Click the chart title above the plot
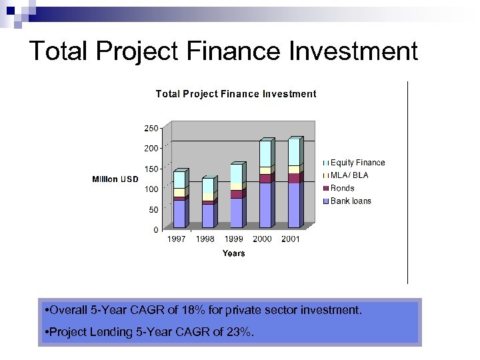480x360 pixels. pos(236,94)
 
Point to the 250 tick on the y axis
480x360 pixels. pos(151,128)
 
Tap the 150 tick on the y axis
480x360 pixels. pos(151,169)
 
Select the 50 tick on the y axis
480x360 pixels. pos(153,210)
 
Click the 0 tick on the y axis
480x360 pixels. pos(156,230)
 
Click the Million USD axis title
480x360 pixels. pos(115,179)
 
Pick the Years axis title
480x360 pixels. pos(233,253)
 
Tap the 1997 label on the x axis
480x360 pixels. pos(176,239)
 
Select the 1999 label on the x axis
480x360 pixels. pos(233,239)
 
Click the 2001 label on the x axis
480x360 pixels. pos(291,239)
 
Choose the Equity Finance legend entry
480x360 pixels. pos(357,163)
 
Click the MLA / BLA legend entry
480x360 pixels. pos(349,175)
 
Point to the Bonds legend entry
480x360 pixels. pos(343,188)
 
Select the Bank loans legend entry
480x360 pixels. pos(351,201)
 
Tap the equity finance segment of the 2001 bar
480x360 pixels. pos(294,153)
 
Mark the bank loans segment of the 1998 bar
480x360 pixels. pos(208,215)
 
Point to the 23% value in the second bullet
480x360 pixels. pos(239,333)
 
